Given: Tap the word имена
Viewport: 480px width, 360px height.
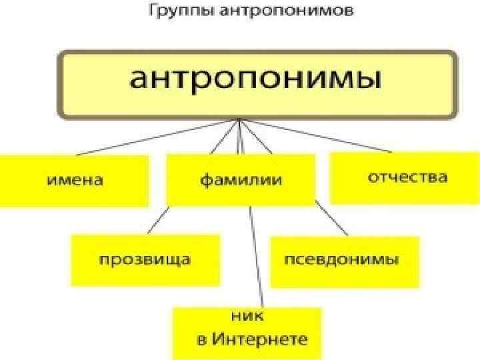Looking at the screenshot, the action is [x=75, y=180].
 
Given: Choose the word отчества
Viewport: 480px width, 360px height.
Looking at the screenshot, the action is [x=408, y=178].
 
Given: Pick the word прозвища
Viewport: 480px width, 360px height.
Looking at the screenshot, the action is [x=145, y=259].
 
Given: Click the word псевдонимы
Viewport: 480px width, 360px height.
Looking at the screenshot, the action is [x=342, y=259].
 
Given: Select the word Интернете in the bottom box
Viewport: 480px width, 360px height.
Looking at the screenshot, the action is [x=260, y=339].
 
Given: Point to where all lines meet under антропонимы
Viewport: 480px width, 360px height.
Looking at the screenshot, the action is [x=238, y=120].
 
